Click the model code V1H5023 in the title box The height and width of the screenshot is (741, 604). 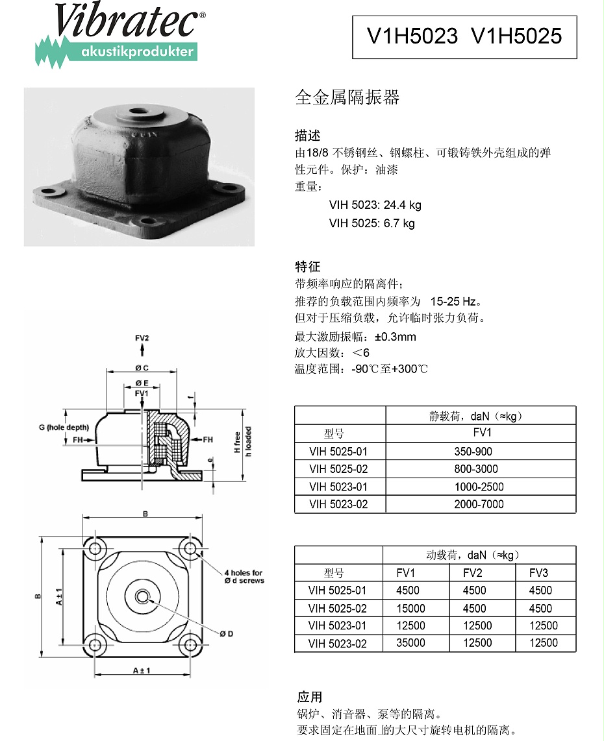pyautogui.click(x=412, y=36)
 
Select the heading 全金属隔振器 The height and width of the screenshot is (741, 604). pyautogui.click(x=347, y=97)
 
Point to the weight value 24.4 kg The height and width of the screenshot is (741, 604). pyautogui.click(x=403, y=205)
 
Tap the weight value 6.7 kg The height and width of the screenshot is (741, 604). pyautogui.click(x=399, y=223)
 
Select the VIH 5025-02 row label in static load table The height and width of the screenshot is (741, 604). pyautogui.click(x=338, y=469)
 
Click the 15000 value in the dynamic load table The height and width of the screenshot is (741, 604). pyautogui.click(x=410, y=609)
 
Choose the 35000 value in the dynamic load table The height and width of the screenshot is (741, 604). pyautogui.click(x=410, y=643)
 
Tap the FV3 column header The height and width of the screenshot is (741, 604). pyautogui.click(x=538, y=573)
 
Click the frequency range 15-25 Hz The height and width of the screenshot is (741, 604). pyautogui.click(x=454, y=302)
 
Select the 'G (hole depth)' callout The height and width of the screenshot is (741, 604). pyautogui.click(x=64, y=427)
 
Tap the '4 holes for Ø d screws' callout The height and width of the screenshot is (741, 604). pyautogui.click(x=244, y=577)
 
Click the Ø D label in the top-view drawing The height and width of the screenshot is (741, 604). pyautogui.click(x=225, y=634)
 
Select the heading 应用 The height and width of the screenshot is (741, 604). pyautogui.click(x=309, y=697)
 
